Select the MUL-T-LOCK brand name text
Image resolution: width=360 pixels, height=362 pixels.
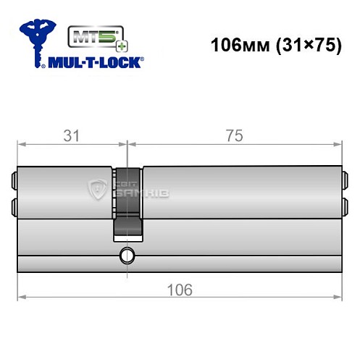pos(96,63)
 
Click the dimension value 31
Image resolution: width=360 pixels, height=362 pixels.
pos(71,135)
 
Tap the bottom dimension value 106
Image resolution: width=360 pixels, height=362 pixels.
pos(178,290)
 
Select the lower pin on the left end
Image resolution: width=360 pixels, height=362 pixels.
pos(14,207)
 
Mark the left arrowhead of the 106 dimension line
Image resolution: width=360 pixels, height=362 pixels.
pos(21,297)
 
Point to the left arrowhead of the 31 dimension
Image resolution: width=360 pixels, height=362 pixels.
pos(21,146)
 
